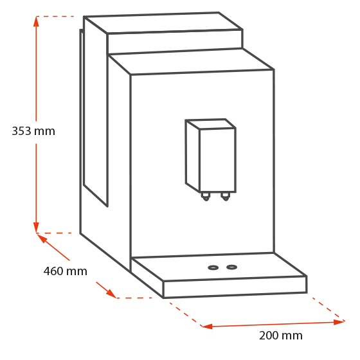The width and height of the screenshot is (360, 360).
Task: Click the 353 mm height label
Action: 33,131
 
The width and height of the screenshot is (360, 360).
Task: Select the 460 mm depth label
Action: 66,271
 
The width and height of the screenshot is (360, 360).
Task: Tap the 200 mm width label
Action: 280,336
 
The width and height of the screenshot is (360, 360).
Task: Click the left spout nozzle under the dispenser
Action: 206,197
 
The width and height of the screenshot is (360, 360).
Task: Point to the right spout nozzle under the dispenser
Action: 226,197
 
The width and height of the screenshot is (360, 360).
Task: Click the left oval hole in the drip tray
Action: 213,267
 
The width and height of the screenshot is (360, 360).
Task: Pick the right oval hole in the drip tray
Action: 231,267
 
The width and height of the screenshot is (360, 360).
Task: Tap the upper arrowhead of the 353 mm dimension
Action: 36,21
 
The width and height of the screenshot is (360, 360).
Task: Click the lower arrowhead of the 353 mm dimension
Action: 36,228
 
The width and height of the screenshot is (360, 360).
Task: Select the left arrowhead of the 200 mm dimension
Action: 207,327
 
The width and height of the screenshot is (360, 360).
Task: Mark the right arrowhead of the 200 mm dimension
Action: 339,322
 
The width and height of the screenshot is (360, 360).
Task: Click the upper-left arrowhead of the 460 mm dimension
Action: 42,238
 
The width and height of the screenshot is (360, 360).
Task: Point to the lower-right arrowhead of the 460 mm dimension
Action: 111,293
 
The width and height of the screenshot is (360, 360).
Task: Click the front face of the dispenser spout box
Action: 218,160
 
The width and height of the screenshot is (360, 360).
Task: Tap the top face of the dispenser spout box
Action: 211,124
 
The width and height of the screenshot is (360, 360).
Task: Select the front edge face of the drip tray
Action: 235,287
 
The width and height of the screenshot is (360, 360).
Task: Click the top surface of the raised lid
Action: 163,23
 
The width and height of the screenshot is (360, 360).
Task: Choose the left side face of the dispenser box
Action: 193,156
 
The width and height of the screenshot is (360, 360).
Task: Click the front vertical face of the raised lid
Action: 175,42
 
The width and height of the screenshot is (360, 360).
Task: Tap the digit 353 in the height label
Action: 21,131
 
